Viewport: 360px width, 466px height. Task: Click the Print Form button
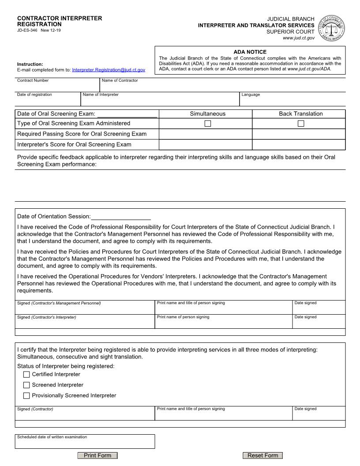97,455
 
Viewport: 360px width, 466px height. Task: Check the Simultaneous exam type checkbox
208,124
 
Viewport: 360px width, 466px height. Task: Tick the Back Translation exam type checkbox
301,124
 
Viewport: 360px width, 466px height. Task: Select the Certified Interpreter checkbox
26,375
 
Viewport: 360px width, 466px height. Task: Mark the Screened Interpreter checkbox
26,385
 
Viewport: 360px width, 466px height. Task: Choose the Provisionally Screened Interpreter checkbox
26,396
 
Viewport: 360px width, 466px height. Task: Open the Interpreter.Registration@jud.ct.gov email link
109,70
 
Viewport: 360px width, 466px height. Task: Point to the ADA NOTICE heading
250,52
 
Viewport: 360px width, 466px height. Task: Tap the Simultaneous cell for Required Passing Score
205,134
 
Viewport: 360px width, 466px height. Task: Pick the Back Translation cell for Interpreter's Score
299,144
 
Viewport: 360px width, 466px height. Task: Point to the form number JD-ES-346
27,30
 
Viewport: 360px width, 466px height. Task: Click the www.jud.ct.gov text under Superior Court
299,38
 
